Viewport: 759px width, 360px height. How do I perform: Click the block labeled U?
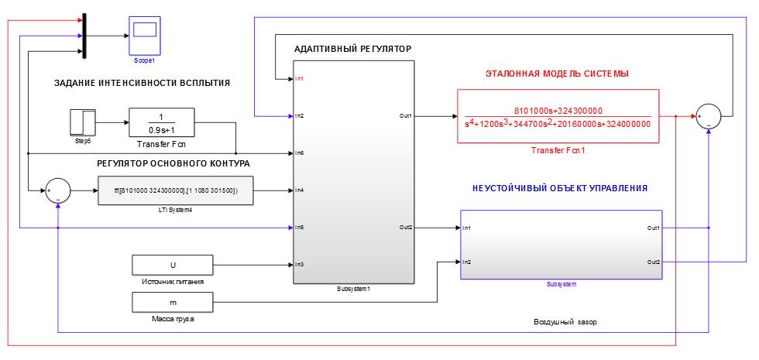point(172,265)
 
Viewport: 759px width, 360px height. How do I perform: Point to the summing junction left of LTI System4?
point(58,190)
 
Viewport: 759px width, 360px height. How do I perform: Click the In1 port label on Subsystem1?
point(300,78)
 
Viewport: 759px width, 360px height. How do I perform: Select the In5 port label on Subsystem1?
point(300,227)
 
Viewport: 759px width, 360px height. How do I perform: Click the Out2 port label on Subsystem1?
point(406,227)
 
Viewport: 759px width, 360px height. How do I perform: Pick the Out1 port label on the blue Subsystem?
point(654,228)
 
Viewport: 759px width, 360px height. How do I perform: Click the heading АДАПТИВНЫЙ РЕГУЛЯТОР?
point(352,49)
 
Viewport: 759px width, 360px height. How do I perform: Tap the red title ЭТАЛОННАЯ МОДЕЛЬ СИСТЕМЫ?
point(556,74)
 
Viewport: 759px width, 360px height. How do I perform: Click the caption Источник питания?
point(173,282)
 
